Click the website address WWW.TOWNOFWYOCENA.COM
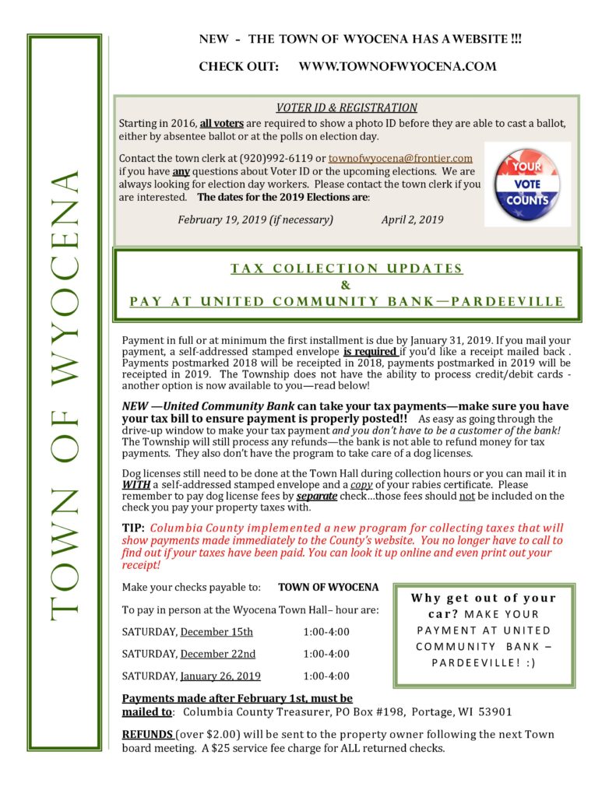point(397,67)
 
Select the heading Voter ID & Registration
point(347,108)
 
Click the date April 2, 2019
point(412,219)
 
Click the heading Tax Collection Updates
point(347,269)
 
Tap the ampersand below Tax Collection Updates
point(346,285)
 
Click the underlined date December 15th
point(217,631)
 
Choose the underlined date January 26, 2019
point(220,676)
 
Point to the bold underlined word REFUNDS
point(148,735)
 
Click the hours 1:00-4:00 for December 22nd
point(326,654)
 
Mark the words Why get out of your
point(484,598)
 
